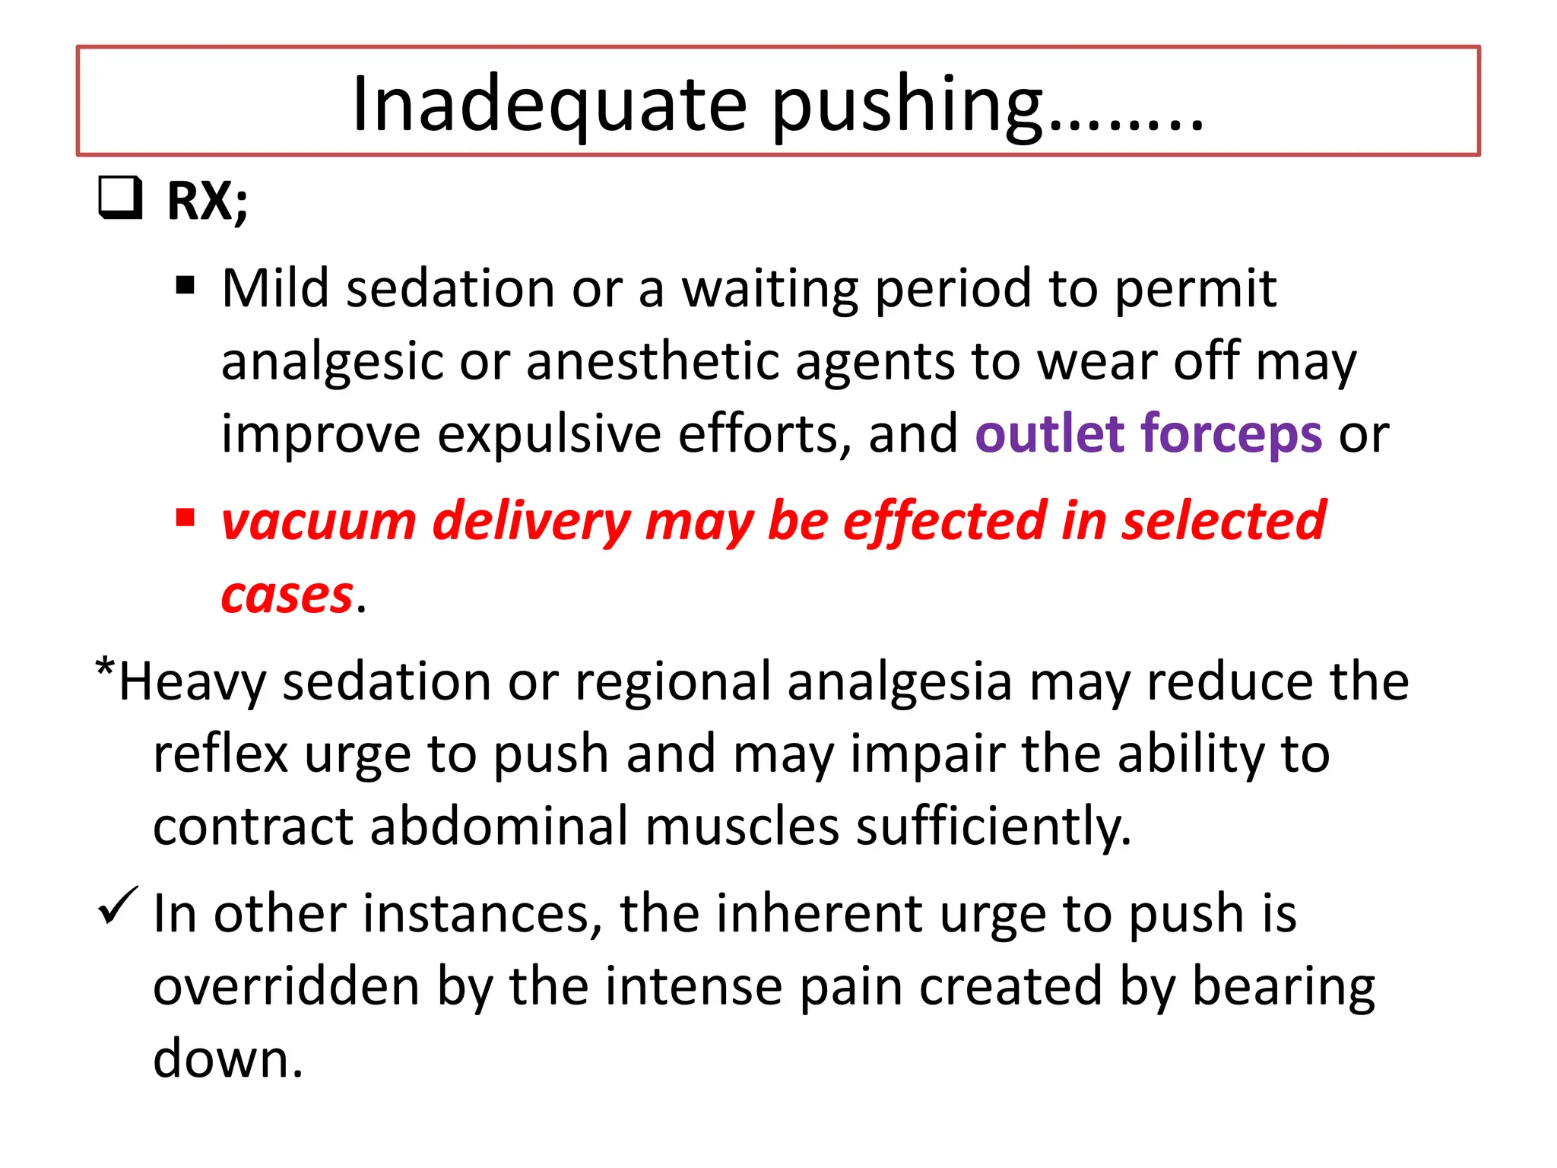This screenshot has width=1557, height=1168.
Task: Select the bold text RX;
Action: [208, 202]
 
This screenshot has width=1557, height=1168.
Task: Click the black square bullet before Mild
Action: [185, 286]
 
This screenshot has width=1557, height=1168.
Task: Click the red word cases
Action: [287, 595]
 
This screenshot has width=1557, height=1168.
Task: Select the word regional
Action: [673, 681]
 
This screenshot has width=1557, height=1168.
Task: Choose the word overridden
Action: [287, 986]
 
